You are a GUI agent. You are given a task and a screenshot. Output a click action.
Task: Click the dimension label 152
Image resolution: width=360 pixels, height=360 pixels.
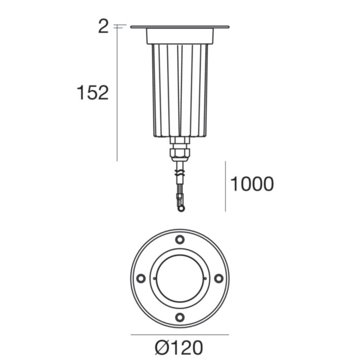(92, 93)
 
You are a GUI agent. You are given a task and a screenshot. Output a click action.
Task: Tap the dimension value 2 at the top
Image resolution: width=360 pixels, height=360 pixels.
(103, 26)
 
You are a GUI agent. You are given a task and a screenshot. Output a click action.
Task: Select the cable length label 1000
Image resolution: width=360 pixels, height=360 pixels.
(252, 184)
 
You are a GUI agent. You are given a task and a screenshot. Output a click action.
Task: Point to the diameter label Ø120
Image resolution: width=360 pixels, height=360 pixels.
(179, 348)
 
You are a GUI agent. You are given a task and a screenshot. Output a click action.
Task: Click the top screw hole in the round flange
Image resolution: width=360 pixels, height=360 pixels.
(180, 240)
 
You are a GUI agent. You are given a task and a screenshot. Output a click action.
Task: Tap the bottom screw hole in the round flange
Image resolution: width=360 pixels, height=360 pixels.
(180, 317)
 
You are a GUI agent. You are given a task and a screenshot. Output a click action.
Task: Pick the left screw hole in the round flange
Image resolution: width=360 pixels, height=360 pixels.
(141, 278)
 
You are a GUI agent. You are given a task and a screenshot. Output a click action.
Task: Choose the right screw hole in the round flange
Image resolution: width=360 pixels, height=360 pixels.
(218, 278)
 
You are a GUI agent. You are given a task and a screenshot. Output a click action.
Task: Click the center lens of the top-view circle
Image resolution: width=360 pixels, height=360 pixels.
(180, 278)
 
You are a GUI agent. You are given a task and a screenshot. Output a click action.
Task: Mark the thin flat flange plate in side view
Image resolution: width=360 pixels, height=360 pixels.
(180, 27)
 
